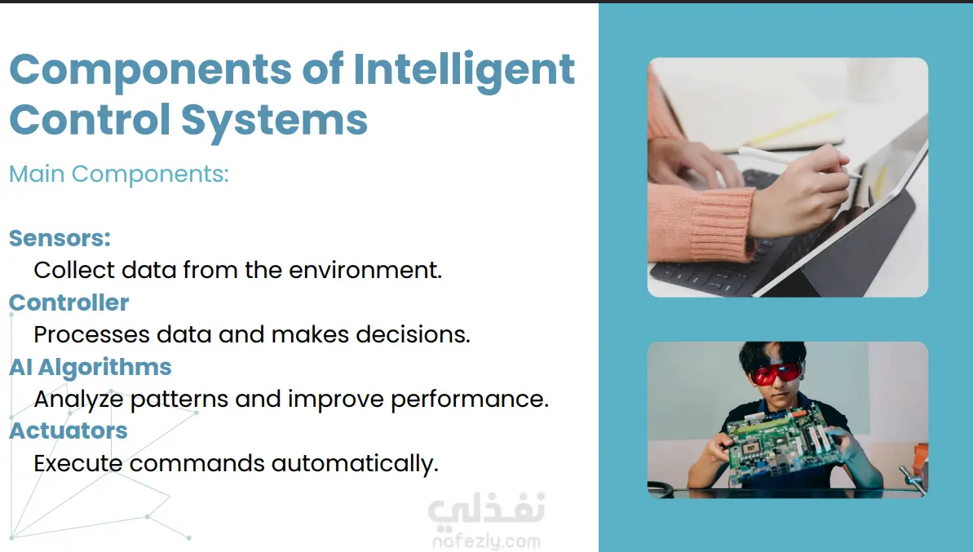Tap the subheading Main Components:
pyautogui.click(x=118, y=174)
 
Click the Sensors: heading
pyautogui.click(x=60, y=238)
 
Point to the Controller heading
pyautogui.click(x=69, y=302)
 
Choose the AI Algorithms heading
pyautogui.click(x=90, y=367)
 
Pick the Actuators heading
pyautogui.click(x=69, y=431)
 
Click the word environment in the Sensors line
pyautogui.click(x=365, y=271)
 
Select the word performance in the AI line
pyautogui.click(x=470, y=400)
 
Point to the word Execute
pyautogui.click(x=78, y=463)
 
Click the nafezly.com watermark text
pyautogui.click(x=486, y=541)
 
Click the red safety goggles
pyautogui.click(x=776, y=374)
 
